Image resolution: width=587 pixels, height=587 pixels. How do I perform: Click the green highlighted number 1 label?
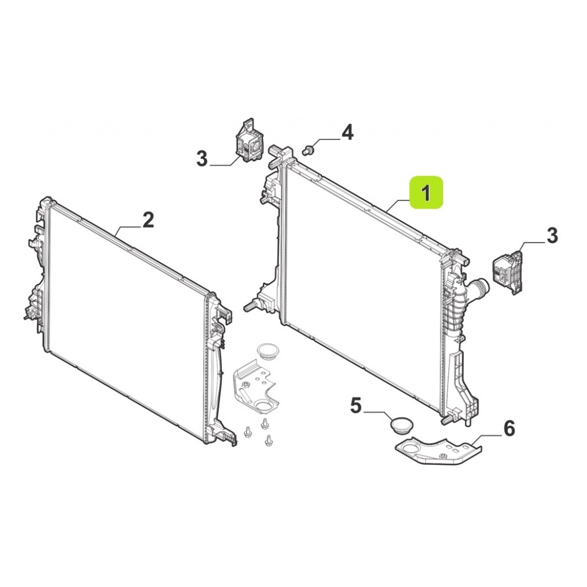pos(426,193)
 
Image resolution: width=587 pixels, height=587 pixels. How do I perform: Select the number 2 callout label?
pos(148,220)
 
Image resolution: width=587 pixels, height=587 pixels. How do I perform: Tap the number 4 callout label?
pos(347,132)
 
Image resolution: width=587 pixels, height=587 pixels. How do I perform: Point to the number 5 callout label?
pos(356,405)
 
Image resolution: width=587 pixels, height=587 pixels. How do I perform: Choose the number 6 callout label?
pos(509,428)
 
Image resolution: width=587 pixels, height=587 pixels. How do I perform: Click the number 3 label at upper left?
pos(202,159)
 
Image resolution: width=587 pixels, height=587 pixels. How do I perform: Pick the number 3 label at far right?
pos(553,236)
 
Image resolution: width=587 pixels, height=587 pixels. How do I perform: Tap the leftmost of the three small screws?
pos(247,432)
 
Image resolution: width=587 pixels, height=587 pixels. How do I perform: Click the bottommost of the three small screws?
pos(268,440)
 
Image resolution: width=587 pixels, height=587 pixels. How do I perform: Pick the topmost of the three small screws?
pos(265,423)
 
